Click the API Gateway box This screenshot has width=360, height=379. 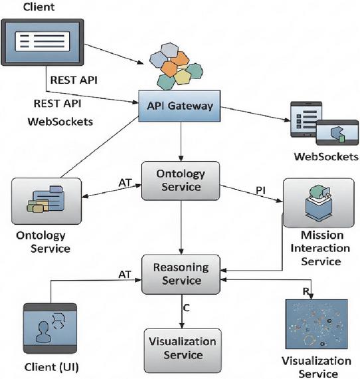pos(179,106)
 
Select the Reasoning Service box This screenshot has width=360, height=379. pos(181,274)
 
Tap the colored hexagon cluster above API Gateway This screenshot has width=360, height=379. pos(176,66)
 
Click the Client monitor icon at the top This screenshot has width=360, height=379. pos(43,43)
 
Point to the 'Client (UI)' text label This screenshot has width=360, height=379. pos(51,367)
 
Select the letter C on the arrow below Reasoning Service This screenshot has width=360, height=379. pos(186,308)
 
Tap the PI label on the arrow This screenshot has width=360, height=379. pos(260,190)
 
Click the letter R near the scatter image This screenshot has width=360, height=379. pos(306,291)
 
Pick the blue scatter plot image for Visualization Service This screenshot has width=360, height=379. pos(316,324)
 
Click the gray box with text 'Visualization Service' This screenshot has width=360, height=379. pos(183,350)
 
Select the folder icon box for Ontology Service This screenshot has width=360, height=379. pos(46,201)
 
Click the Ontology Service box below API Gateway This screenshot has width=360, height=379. pos(181,181)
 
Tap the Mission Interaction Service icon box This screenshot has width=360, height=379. pos(319,203)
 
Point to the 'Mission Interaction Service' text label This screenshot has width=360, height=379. pos(321,248)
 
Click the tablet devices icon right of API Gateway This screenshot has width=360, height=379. pos(324,123)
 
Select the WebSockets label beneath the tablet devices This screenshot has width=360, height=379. pos(326,157)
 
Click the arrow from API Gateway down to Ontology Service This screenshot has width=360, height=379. pos(181,142)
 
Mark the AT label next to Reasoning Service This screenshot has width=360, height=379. pos(125,275)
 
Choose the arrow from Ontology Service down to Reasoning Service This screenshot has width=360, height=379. pos(181,227)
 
